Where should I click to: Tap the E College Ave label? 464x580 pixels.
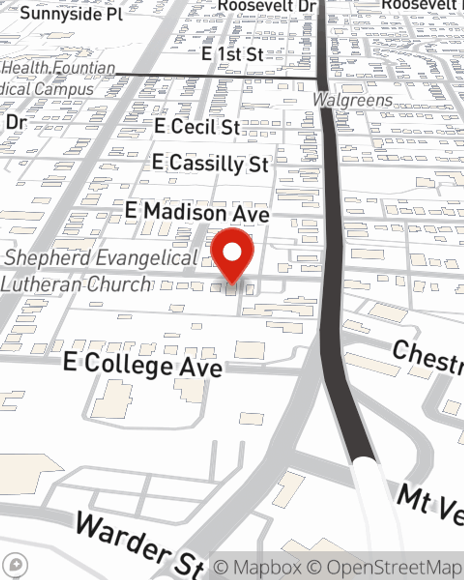[x=143, y=364]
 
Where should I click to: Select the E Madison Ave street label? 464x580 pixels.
[x=197, y=212]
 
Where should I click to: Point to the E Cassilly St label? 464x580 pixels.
[x=210, y=163]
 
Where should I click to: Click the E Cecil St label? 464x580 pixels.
[x=197, y=126]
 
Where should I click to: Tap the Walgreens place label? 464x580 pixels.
[x=353, y=100]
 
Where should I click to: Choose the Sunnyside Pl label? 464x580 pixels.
[x=71, y=13]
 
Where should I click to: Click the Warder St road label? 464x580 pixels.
[x=139, y=543]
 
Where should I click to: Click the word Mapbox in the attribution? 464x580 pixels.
[x=267, y=567]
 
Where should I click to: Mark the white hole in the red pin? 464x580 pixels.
[x=232, y=252]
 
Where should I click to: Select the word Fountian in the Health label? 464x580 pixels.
[x=84, y=68]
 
